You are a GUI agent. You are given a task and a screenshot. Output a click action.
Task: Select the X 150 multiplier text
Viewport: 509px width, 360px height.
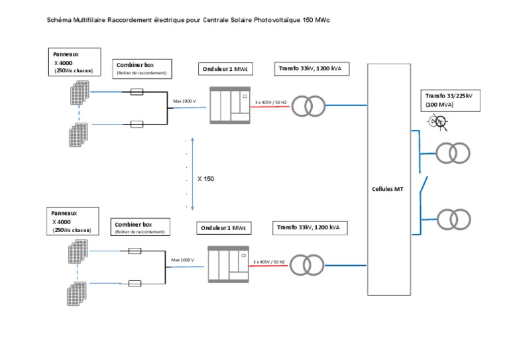click(x=205, y=179)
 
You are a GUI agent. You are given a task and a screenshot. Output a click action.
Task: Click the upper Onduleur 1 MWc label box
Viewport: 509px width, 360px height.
click(x=223, y=70)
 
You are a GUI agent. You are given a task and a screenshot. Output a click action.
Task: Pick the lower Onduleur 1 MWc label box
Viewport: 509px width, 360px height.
click(x=223, y=228)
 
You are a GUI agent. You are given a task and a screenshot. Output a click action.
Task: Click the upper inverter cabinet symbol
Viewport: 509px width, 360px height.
click(x=228, y=104)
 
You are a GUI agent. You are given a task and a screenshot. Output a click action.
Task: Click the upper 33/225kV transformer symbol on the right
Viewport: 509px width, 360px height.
click(x=453, y=153)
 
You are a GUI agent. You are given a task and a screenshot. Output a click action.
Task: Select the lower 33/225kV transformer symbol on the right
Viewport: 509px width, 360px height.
click(x=453, y=219)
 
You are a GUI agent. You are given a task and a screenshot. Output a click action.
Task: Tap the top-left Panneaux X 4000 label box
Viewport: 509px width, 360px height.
click(x=76, y=60)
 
